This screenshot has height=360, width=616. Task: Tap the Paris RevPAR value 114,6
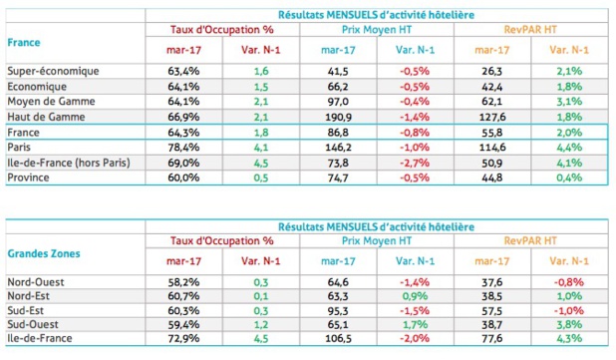coord(491,147)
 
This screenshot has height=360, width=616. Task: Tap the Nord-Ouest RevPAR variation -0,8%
coord(567,282)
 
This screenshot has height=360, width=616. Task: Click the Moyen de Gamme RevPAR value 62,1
coord(491,101)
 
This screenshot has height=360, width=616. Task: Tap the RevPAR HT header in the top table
coord(529,29)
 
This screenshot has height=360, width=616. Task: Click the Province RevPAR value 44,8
coord(491,178)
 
